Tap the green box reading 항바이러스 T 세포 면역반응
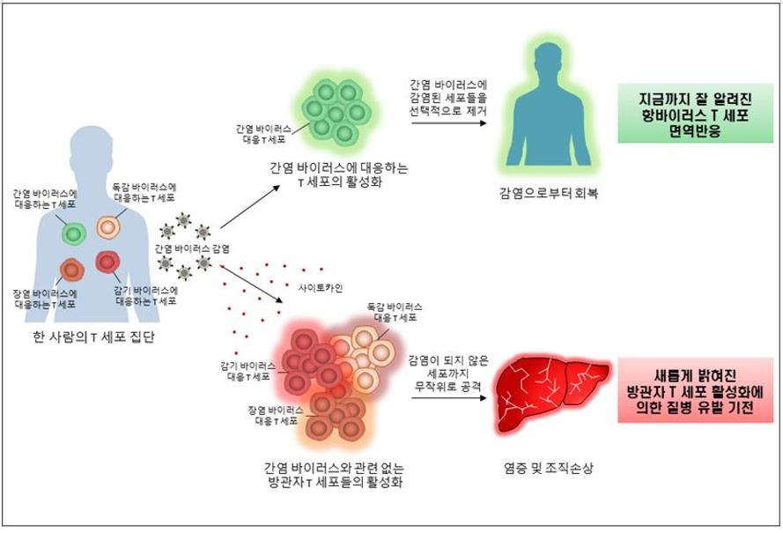click(695, 114)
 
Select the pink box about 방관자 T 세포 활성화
click(695, 390)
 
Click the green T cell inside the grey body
click(74, 233)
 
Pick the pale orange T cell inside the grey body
click(107, 227)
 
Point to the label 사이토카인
click(321, 288)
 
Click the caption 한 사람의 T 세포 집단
click(93, 337)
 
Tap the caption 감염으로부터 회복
click(549, 193)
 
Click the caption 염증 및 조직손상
click(549, 468)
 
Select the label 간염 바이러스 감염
click(192, 248)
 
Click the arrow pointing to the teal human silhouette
click(448, 122)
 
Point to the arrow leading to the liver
click(448, 397)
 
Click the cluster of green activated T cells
click(336, 111)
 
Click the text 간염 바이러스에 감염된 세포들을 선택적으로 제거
click(448, 98)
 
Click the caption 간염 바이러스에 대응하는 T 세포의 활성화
click(338, 174)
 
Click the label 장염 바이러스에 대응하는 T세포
click(45, 299)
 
